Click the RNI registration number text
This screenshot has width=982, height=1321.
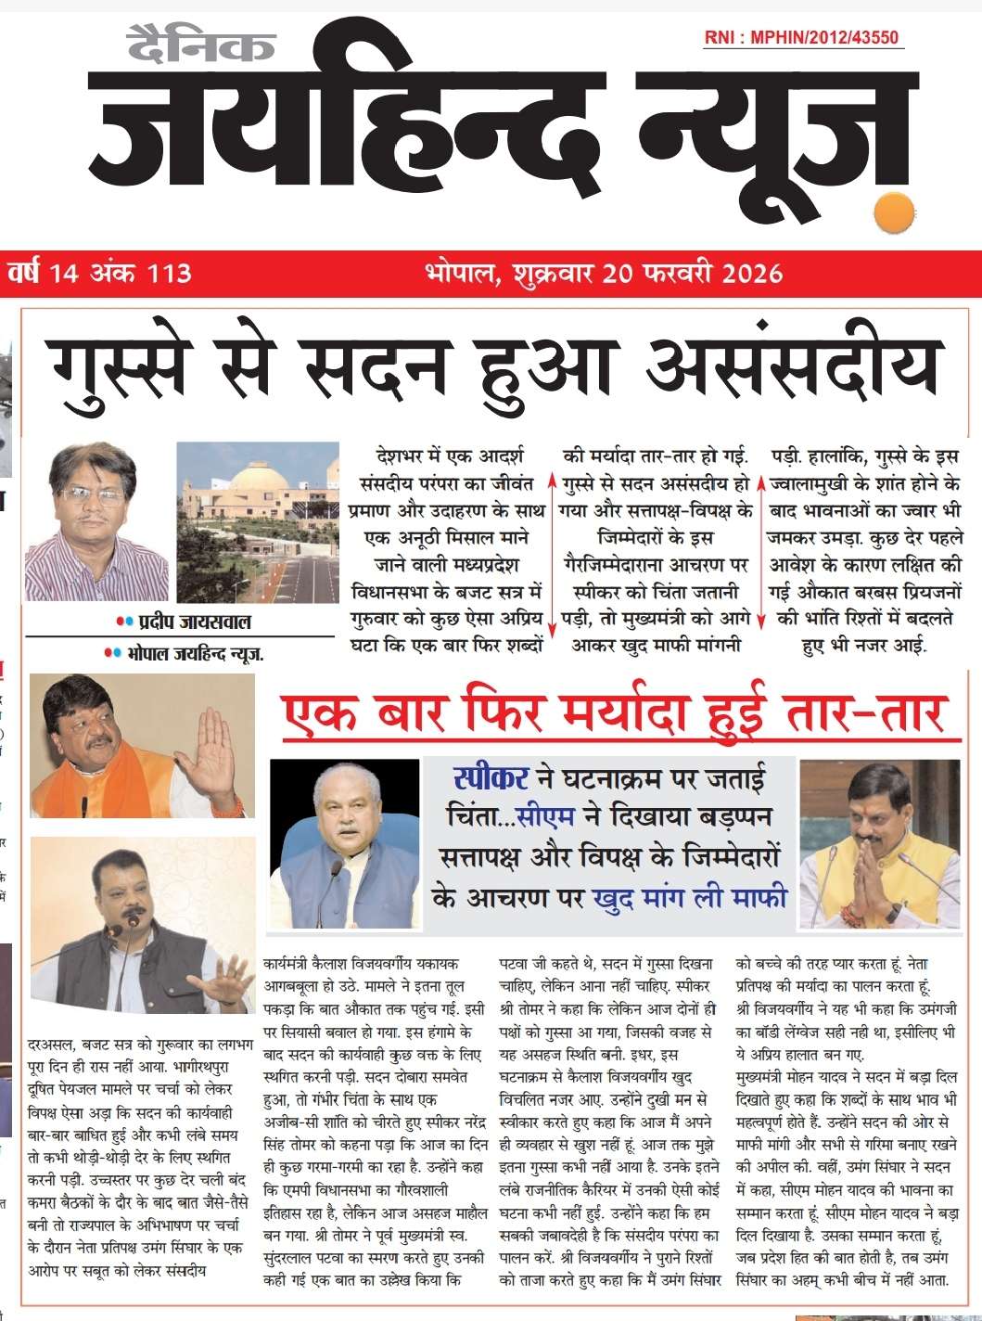coord(801,37)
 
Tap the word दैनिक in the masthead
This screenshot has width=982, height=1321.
coord(201,44)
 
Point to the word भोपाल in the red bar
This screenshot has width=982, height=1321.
coord(462,274)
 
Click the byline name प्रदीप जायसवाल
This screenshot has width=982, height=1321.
coord(195,621)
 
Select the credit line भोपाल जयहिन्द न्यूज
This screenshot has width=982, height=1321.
coord(195,654)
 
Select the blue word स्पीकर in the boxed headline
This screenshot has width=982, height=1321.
coord(491,777)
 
